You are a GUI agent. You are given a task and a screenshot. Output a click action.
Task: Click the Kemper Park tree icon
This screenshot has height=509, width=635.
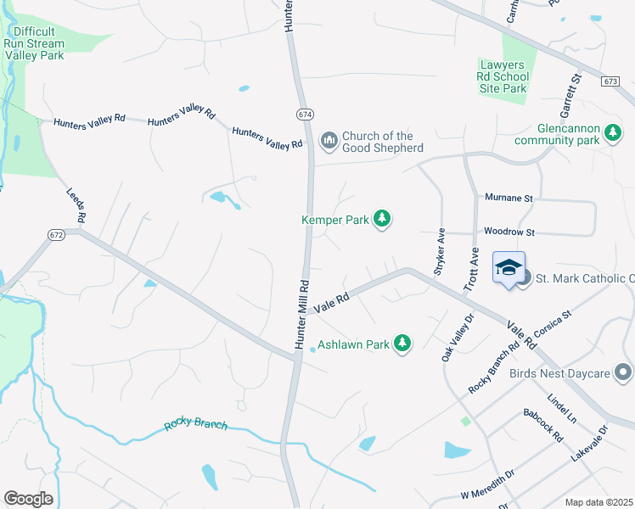[x=383, y=220]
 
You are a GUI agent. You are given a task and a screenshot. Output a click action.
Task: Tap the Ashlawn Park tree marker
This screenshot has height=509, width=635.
[x=403, y=344]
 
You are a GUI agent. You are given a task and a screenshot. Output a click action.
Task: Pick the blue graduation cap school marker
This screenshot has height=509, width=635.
[x=509, y=268]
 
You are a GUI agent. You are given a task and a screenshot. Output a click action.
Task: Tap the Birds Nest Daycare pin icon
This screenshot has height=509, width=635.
[x=623, y=372]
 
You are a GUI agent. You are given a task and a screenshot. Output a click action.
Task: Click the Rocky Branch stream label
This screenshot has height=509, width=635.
[x=195, y=423]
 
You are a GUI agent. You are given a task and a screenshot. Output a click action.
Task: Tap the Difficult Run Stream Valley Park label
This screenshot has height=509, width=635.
[x=34, y=43]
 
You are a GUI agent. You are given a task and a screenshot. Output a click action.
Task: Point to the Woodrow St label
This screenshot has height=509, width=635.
[x=509, y=231]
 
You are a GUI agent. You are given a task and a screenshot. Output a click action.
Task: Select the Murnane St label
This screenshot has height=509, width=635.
[x=509, y=198]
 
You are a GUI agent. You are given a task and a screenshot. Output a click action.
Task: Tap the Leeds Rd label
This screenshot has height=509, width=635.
[x=76, y=206]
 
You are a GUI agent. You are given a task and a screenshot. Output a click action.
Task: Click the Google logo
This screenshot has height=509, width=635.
[x=28, y=499]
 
